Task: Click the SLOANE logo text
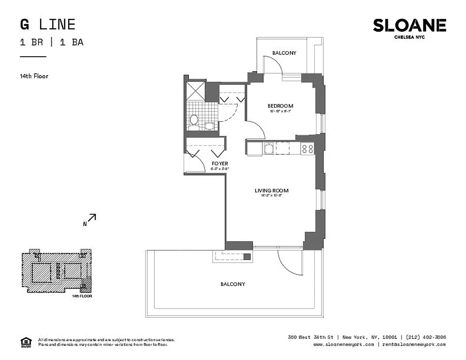pos(409,26)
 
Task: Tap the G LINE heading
pos(47,24)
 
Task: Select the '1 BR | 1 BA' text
pos(51,43)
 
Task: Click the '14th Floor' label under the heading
pos(34,76)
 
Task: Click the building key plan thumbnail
pos(56,271)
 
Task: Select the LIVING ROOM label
pos(271,191)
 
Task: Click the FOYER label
pos(220,163)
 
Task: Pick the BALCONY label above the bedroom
pos(284,53)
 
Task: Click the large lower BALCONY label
pos(233,284)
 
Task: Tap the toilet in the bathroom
pos(194,120)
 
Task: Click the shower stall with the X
pos(195,90)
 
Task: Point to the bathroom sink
pos(209,126)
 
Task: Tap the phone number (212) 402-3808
pos(425,337)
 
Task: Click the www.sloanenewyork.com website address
pos(343,344)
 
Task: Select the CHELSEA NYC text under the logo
pos(409,37)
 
